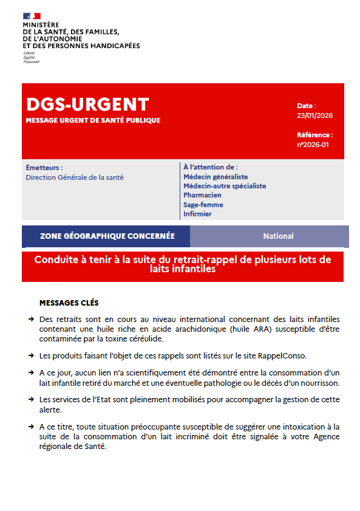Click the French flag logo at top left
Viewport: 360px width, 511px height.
(32, 15)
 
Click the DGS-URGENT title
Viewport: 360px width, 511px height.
(87, 105)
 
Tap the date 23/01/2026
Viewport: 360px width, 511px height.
(314, 115)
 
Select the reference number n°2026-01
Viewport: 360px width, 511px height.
(313, 145)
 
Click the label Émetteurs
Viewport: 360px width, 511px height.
(44, 168)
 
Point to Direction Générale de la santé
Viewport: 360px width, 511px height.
(75, 177)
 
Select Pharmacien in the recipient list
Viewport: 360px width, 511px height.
(202, 195)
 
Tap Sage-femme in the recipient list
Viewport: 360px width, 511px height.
(203, 205)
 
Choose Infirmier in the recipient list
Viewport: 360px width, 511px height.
(197, 214)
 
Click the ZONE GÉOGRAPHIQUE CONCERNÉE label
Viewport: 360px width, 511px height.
(107, 236)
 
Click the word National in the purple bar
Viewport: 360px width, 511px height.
(278, 236)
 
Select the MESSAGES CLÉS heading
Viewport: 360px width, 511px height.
(69, 303)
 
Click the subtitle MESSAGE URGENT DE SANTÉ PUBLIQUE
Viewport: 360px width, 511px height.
(93, 120)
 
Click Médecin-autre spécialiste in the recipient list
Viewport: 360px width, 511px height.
(225, 186)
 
